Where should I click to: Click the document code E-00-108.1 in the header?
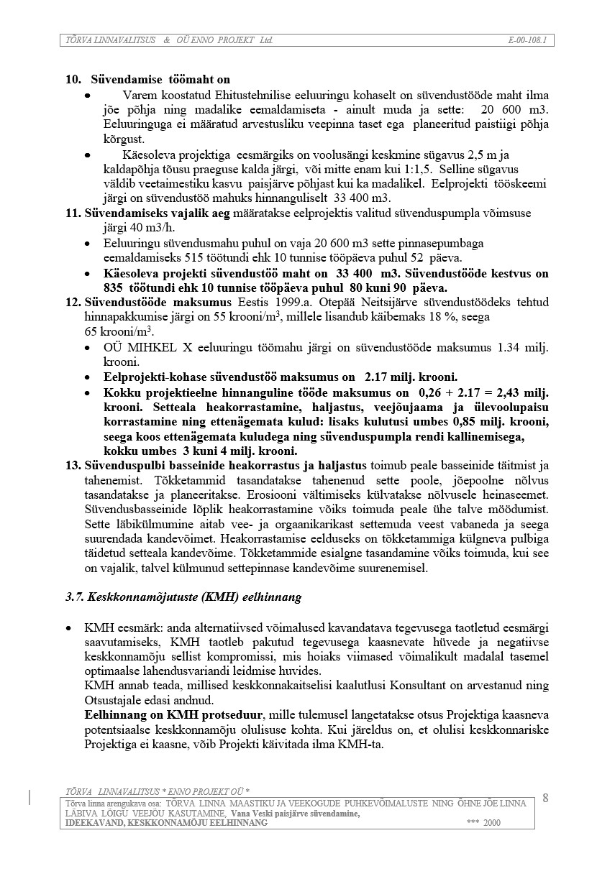(x=527, y=40)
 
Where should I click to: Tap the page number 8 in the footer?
(x=545, y=798)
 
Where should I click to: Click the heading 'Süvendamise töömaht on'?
(x=160, y=79)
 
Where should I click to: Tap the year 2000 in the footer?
(x=492, y=822)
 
